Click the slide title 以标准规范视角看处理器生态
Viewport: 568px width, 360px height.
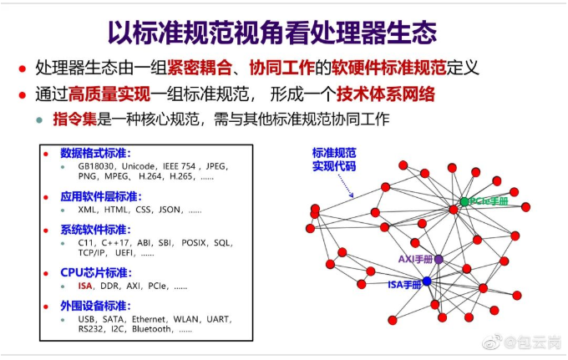tap(272, 33)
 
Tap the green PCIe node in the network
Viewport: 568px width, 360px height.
tap(464, 201)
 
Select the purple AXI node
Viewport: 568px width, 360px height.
tap(439, 259)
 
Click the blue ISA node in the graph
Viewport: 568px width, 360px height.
tap(427, 281)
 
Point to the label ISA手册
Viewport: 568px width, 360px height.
tap(404, 285)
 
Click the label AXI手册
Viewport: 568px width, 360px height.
tap(415, 259)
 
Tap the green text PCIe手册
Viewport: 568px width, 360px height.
tap(489, 201)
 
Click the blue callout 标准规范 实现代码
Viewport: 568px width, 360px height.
tap(334, 160)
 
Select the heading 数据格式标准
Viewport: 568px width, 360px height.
tap(95, 153)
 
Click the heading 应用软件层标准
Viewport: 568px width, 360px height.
tap(101, 196)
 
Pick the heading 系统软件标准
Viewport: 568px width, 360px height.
tap(95, 230)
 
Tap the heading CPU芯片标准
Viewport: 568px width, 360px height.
tap(96, 273)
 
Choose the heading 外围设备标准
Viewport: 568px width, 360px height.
tap(95, 306)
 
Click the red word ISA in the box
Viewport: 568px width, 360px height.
tap(85, 286)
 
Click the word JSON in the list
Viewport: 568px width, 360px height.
tap(170, 210)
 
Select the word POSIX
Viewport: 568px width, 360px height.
tap(194, 243)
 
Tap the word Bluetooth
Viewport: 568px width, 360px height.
tap(151, 329)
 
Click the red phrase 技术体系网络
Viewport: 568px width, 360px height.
tap(385, 94)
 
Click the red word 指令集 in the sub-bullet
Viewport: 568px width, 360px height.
tap(74, 119)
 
